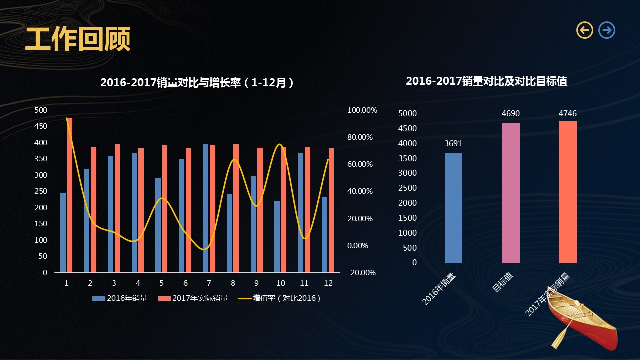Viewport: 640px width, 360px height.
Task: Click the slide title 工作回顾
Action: [78, 39]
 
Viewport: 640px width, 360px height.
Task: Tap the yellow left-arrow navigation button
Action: [585, 30]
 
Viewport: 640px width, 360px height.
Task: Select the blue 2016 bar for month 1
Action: [63, 232]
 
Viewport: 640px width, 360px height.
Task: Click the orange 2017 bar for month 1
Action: [70, 195]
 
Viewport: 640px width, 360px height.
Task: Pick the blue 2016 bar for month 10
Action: [277, 236]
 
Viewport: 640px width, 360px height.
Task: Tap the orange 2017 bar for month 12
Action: [331, 210]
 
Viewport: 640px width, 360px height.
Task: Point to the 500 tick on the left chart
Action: [41, 110]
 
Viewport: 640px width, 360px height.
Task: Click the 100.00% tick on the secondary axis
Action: [362, 110]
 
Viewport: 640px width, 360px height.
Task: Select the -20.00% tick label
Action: [362, 273]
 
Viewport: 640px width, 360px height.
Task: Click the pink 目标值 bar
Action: [510, 192]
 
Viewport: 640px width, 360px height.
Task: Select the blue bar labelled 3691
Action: [453, 207]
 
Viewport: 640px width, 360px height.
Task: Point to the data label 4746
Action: [567, 114]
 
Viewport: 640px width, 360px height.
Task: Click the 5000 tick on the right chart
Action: [407, 114]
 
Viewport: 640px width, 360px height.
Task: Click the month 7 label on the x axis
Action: [209, 283]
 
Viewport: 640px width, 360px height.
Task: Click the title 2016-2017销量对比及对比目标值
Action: [486, 81]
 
